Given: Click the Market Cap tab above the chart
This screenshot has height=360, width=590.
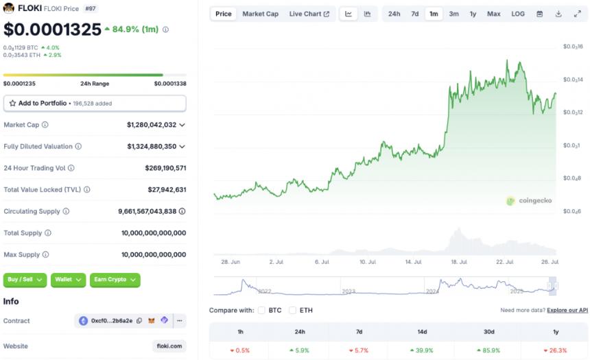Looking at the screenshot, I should tap(260, 14).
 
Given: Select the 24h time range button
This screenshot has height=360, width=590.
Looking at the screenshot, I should tap(394, 14).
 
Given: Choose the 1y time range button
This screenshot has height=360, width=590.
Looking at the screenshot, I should tap(473, 14).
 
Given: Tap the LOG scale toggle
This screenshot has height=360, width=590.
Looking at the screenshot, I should tap(518, 14).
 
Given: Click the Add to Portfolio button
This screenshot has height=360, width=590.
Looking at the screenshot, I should tap(95, 103).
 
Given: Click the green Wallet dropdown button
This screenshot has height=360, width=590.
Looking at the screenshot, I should tap(68, 280).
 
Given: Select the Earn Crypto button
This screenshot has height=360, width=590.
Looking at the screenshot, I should tap(115, 280).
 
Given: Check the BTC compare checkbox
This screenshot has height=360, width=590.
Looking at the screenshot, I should tap(261, 310).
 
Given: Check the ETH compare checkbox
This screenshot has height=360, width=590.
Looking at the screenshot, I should tap(293, 310).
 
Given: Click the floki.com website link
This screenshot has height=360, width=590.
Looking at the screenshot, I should tap(169, 346).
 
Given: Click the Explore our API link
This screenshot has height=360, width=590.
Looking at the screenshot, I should tap(567, 311).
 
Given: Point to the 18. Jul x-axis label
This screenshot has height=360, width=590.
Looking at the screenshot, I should tap(458, 262).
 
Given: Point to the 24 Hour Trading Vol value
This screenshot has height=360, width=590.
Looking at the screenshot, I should tap(165, 168).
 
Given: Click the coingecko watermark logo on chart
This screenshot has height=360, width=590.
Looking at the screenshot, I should tap(529, 201).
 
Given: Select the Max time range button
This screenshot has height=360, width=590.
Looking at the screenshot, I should tap(493, 14).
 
